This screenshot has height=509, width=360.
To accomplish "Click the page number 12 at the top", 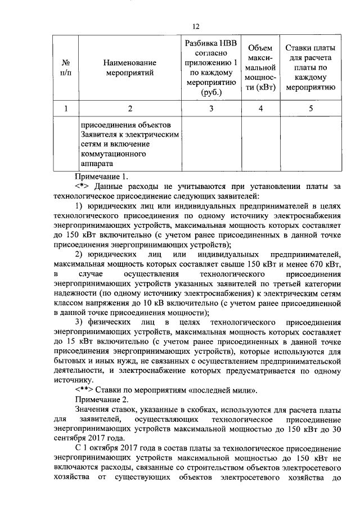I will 196,26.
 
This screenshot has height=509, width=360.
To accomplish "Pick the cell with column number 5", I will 310,109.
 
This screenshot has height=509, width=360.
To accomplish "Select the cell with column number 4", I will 260,109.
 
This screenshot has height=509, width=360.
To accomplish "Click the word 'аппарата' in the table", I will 97,164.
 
